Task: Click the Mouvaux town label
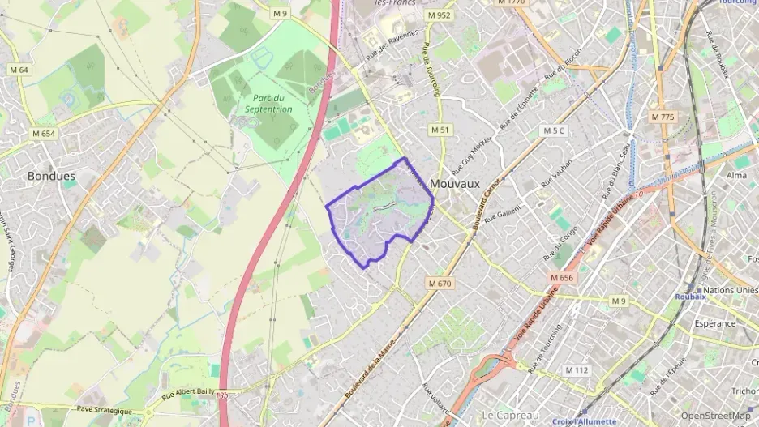(455, 184)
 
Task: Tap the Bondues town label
(51, 175)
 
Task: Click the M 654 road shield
(44, 133)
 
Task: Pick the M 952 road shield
(440, 15)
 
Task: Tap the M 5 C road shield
(554, 130)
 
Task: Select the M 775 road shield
(662, 117)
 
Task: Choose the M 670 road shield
(440, 284)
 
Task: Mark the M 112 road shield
(577, 370)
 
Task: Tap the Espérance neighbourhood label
(714, 323)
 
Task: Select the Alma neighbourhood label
(737, 175)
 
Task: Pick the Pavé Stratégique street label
(104, 411)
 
